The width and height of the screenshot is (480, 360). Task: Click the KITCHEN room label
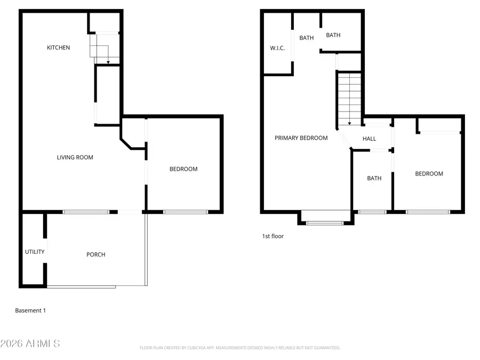coord(58,48)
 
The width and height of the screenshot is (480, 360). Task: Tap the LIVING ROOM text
coord(75,157)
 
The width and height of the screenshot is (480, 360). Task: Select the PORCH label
coord(96,254)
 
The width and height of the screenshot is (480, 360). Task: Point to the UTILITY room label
coord(35,252)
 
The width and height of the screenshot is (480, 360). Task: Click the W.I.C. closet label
coord(277,48)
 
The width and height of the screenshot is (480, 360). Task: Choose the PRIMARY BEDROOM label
coord(301,138)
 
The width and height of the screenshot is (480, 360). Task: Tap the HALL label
coord(369,139)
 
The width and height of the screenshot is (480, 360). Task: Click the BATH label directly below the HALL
coord(374,178)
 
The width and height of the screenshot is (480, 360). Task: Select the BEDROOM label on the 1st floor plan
coord(429,174)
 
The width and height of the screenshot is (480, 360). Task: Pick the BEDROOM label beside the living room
coord(183,169)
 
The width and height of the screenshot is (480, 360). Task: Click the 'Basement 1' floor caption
coord(30,310)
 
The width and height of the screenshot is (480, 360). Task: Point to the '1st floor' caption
coord(273,236)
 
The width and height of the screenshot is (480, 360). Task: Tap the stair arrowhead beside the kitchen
coord(108,63)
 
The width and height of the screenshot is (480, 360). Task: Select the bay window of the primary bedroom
coord(325,222)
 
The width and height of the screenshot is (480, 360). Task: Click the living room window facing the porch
coord(86,212)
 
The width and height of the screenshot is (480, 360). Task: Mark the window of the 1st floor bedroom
coord(427,212)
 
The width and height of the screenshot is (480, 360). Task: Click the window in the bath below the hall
coord(372,212)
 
